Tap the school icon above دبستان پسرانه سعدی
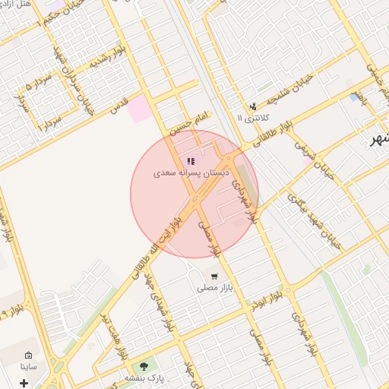point(190,161)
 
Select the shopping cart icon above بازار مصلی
point(215,276)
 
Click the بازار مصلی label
point(214,287)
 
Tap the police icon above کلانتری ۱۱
point(252,106)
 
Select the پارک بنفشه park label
point(141,378)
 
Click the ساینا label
point(29,366)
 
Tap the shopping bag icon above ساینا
point(29,355)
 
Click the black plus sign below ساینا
point(24,381)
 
